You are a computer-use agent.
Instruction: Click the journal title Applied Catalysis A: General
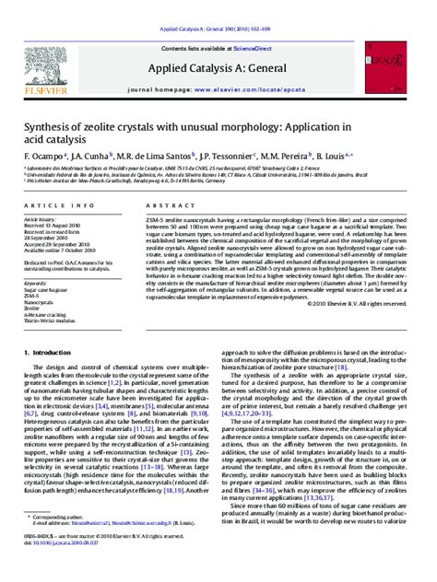click(x=217, y=69)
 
